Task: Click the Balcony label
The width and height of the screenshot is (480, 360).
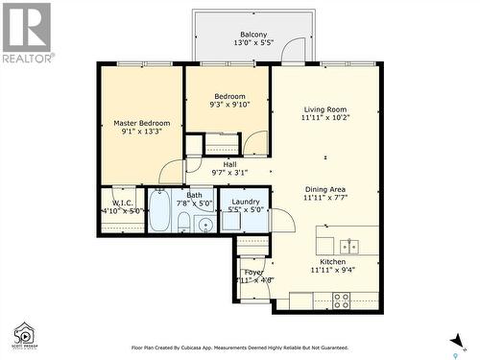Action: coord(253,34)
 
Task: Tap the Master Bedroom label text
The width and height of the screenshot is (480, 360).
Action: coord(141,123)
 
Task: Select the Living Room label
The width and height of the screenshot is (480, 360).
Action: coord(324,109)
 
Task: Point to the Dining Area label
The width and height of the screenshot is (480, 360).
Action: coord(324,189)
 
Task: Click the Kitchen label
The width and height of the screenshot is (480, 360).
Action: coord(332,260)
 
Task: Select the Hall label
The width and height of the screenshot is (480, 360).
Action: coord(229,164)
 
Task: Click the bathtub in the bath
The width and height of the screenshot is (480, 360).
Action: coord(159,212)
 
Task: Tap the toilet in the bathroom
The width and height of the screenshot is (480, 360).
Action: coord(183,224)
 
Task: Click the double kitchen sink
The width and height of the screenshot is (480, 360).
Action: coord(348,246)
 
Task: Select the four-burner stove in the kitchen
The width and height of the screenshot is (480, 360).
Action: coord(341,300)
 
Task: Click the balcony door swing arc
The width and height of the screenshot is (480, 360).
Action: coord(296,50)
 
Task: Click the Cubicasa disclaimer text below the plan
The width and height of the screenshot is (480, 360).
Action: coord(239,348)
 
